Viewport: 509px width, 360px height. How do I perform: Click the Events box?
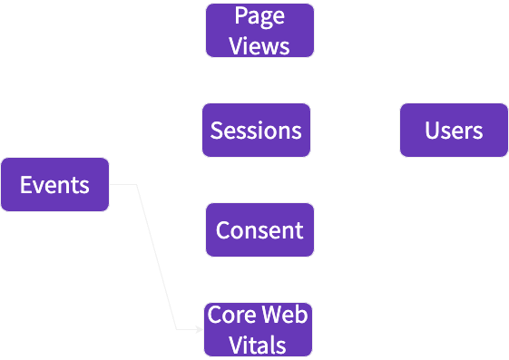(54, 185)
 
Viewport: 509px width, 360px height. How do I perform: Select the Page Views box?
(259, 30)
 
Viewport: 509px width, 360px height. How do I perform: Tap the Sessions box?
(256, 131)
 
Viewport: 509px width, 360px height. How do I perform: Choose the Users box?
(454, 131)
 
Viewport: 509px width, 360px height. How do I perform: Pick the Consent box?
(259, 230)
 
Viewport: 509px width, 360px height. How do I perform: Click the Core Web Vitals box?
(258, 329)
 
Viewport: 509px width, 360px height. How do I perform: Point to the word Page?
(259, 16)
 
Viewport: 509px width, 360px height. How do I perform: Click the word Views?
(259, 45)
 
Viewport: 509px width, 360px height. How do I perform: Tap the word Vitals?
(258, 345)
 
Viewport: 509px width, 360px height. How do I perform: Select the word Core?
(229, 316)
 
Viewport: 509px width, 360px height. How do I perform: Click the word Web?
(284, 316)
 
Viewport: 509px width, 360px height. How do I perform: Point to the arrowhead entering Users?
(396, 131)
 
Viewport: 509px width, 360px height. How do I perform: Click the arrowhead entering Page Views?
(201, 30)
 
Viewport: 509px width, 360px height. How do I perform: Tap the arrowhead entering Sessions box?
(197, 131)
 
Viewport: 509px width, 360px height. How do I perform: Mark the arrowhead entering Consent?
(201, 230)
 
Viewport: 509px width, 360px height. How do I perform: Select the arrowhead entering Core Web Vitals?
(201, 328)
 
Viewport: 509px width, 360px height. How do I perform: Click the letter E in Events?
(26, 185)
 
